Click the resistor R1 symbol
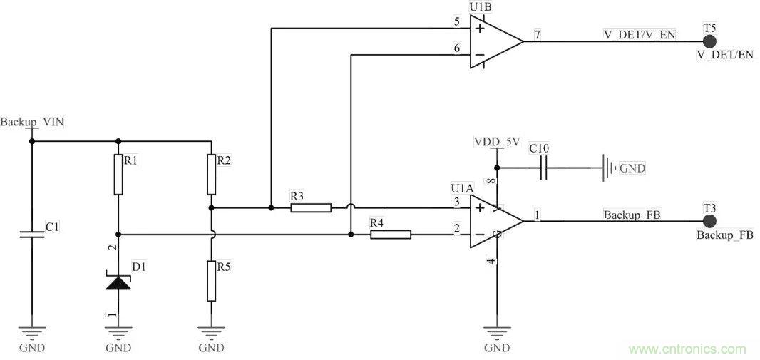pyautogui.click(x=118, y=175)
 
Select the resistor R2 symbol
pyautogui.click(x=211, y=175)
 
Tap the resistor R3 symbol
pyautogui.click(x=311, y=208)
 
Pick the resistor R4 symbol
pyautogui.click(x=391, y=234)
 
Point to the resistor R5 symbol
pyautogui.click(x=211, y=281)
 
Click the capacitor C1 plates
pyautogui.click(x=31, y=234)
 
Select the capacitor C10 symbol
pyautogui.click(x=543, y=169)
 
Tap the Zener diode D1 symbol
pyautogui.click(x=118, y=282)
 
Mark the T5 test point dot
pyautogui.click(x=709, y=41)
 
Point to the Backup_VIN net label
pyautogui.click(x=32, y=122)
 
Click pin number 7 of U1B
pyautogui.click(x=537, y=35)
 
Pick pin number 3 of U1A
pyautogui.click(x=456, y=202)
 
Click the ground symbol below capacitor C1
pyautogui.click(x=31, y=334)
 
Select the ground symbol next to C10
pyautogui.click(x=607, y=169)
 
